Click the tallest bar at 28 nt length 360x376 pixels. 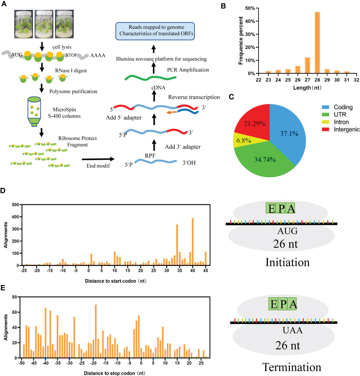[x=317, y=43]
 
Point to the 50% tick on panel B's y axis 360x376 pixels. [x=250, y=8]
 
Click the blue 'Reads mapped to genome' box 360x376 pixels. [x=155, y=31]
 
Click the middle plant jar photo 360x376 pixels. [x=44, y=24]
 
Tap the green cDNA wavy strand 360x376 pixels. [x=150, y=78]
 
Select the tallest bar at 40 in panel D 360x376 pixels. [x=193, y=242]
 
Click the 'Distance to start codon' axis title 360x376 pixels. [x=115, y=281]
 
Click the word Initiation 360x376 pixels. [x=287, y=263]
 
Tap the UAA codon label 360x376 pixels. [x=292, y=330]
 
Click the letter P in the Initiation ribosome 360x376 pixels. [x=281, y=208]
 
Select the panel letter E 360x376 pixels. [x=3, y=288]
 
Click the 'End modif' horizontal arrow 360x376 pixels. [x=98, y=159]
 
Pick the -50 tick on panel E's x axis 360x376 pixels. [x=21, y=363]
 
